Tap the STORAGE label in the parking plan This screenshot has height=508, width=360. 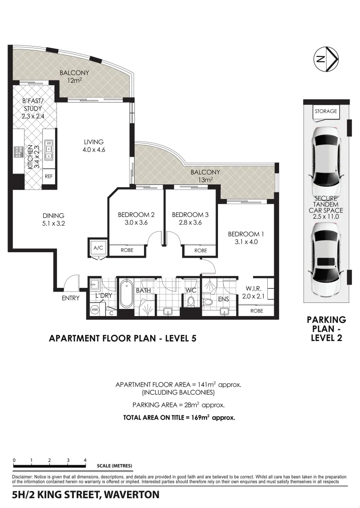(326, 111)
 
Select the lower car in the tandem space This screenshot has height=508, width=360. (327, 259)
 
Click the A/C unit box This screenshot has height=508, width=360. (98, 248)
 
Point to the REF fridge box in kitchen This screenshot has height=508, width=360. (48, 176)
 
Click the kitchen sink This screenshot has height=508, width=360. (49, 150)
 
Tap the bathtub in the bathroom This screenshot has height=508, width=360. (126, 294)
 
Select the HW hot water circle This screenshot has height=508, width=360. (95, 310)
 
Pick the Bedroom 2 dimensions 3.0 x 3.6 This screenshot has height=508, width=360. (136, 222)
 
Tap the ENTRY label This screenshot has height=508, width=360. (71, 298)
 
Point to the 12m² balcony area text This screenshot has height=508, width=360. (74, 80)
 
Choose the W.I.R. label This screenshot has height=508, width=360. (253, 288)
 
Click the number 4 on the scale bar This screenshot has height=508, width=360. (85, 460)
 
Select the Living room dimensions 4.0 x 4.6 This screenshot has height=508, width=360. (94, 150)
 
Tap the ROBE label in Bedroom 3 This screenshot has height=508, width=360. (200, 250)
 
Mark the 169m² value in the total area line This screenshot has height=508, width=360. (200, 417)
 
